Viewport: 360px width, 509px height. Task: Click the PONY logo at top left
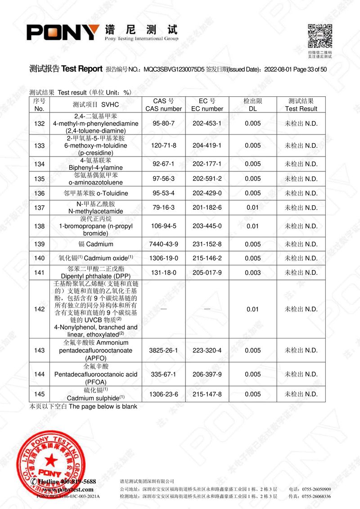(x=63, y=32)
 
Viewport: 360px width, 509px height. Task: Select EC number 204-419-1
(x=207, y=145)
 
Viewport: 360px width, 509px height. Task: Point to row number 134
(x=39, y=164)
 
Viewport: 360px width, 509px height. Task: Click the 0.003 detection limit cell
(x=253, y=273)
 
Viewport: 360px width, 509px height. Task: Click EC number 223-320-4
(x=207, y=350)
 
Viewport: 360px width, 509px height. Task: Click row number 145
(x=39, y=394)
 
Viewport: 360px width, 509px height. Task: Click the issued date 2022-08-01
(x=277, y=69)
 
